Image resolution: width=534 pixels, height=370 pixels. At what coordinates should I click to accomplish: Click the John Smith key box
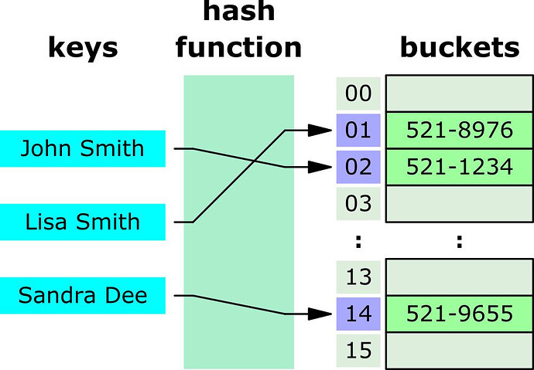click(82, 148)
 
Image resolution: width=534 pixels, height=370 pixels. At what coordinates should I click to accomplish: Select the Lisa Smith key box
click(82, 222)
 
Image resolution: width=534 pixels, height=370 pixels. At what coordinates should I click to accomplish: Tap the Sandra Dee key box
click(82, 295)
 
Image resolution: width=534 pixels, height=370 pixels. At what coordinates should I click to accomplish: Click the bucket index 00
click(358, 94)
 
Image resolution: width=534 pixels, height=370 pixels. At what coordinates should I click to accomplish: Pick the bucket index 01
click(358, 131)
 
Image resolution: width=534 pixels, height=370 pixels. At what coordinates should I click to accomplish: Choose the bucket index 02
click(358, 166)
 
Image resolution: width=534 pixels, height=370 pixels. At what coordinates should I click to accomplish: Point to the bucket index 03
click(358, 203)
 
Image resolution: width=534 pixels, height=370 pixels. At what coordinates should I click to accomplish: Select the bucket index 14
click(358, 314)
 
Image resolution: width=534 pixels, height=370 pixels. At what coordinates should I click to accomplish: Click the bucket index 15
click(358, 350)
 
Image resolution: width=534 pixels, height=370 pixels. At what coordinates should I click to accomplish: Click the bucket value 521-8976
click(460, 131)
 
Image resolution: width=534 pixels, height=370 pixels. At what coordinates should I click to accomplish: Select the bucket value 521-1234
click(460, 166)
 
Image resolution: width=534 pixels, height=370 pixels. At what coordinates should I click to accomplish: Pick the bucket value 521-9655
click(460, 314)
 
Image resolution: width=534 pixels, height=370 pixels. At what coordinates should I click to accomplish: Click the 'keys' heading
click(83, 48)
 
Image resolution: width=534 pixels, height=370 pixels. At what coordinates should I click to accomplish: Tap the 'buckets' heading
click(459, 48)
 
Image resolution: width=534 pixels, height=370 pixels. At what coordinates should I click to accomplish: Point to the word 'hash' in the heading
click(238, 13)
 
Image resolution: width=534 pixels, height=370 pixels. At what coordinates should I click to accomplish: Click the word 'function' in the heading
click(238, 48)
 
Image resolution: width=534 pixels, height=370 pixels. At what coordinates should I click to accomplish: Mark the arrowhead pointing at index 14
click(320, 314)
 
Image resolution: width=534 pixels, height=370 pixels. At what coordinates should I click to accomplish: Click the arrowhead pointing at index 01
click(320, 131)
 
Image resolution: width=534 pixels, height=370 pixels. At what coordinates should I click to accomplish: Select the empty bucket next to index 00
click(460, 94)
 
